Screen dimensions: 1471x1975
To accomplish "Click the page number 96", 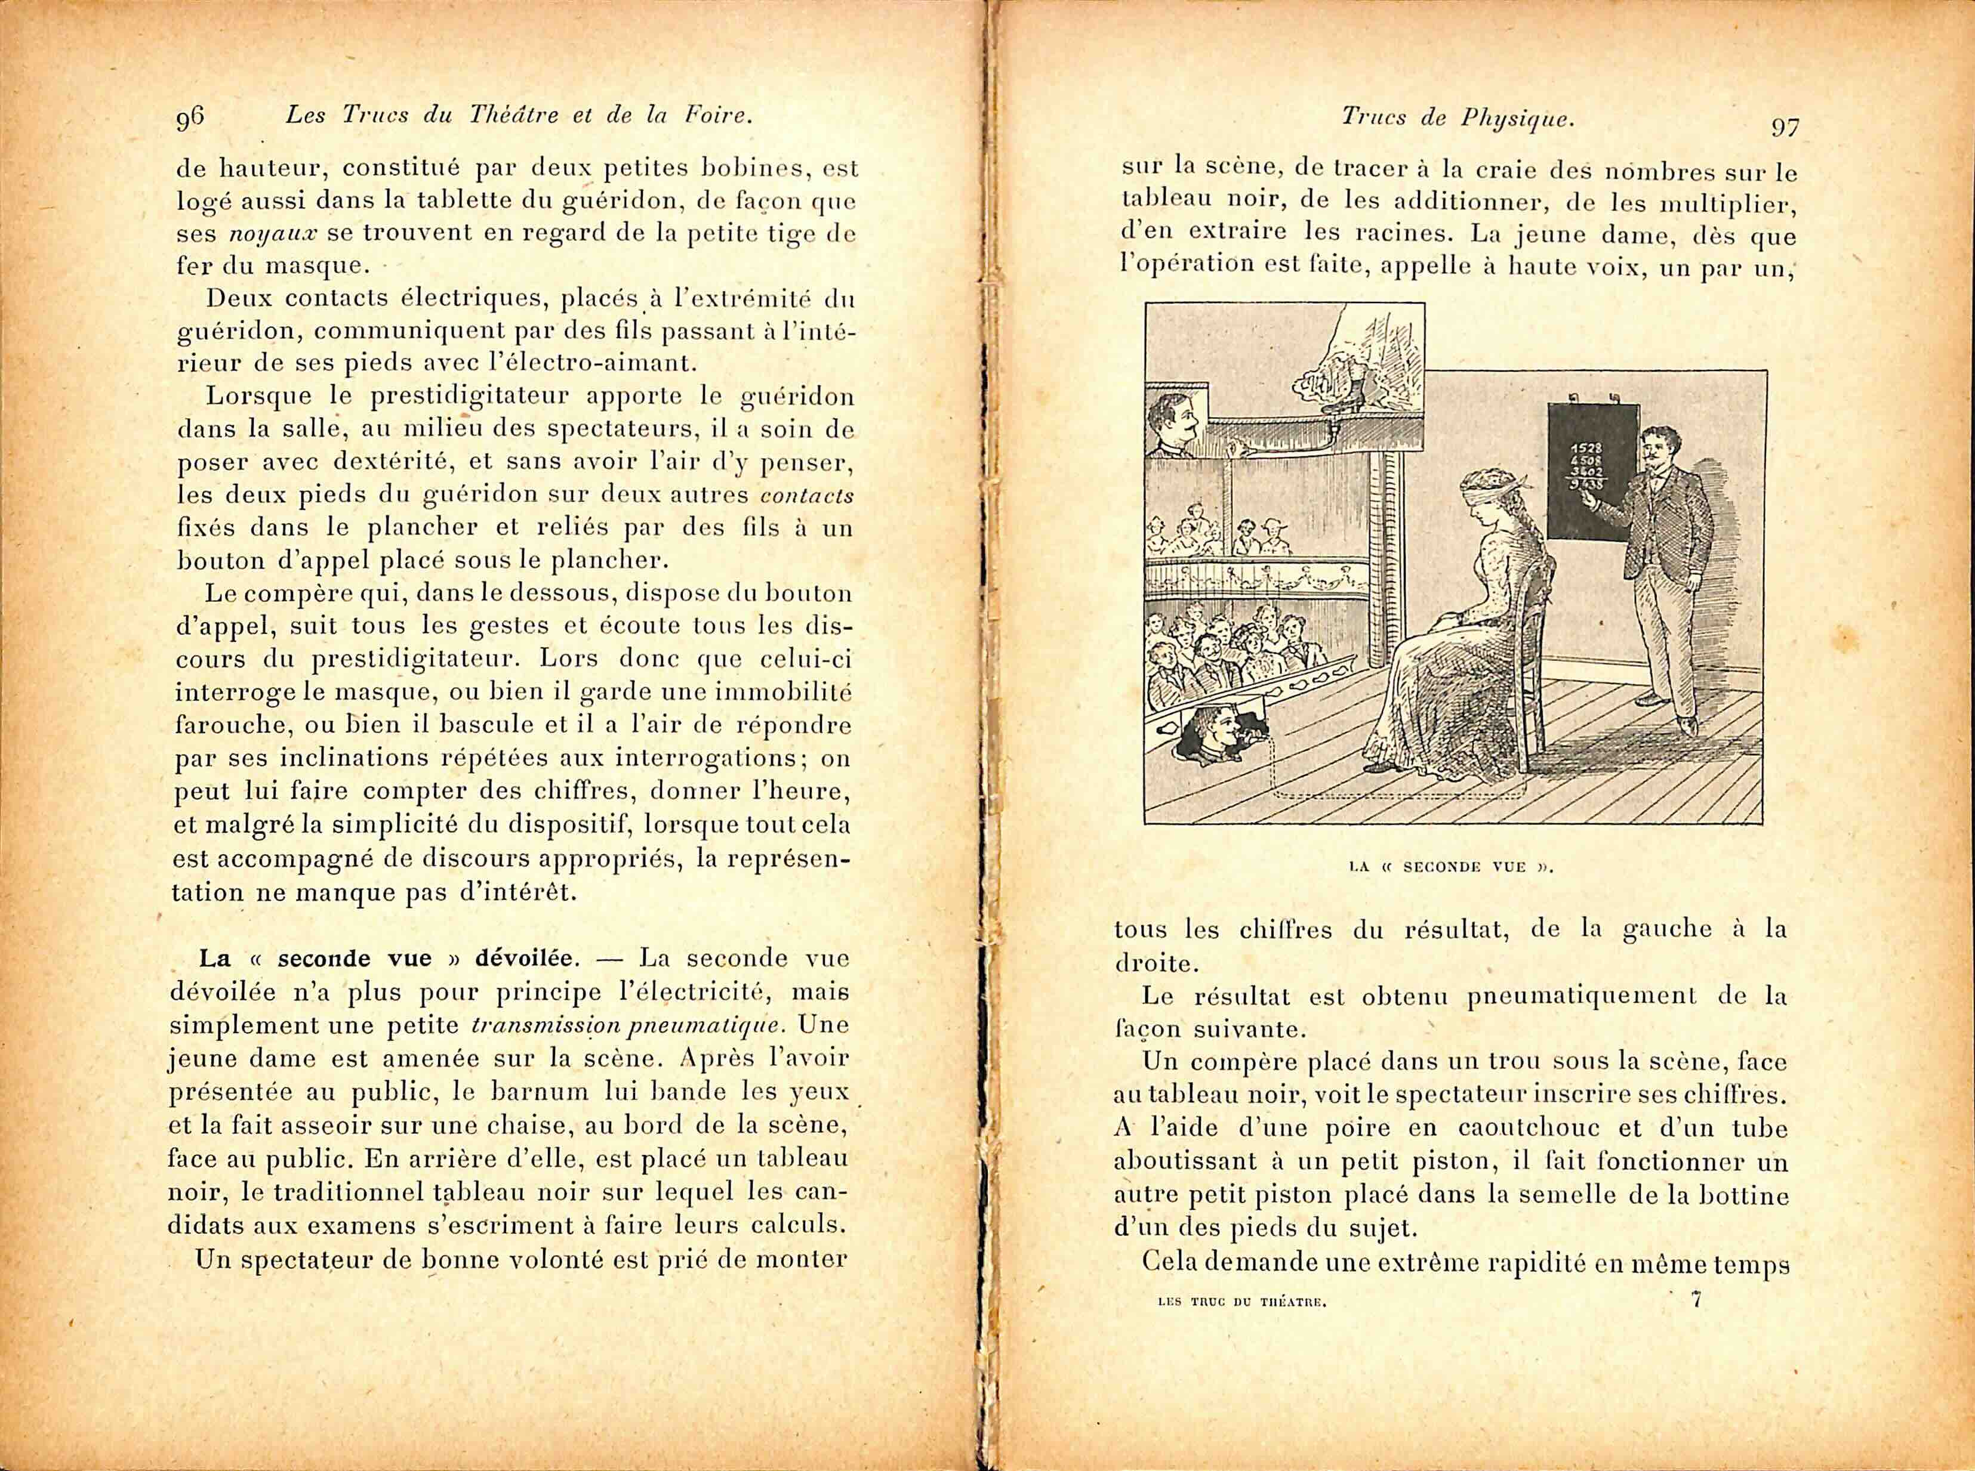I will [x=190, y=119].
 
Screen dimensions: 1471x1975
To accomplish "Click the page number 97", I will [x=1785, y=127].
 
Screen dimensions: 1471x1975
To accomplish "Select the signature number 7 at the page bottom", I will [x=1696, y=1299].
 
